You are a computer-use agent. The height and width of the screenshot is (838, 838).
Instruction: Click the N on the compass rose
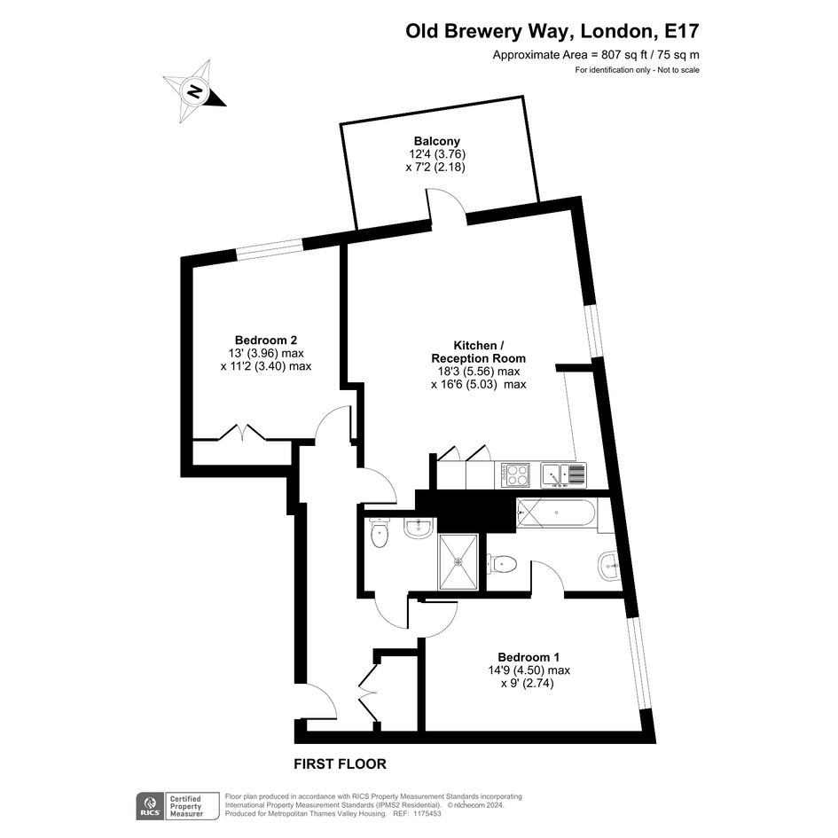tap(195, 92)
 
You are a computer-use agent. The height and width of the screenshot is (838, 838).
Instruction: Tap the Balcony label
tap(436, 141)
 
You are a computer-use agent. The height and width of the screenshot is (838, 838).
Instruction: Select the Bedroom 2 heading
tap(266, 340)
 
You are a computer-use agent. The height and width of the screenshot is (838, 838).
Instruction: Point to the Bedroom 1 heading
tap(529, 657)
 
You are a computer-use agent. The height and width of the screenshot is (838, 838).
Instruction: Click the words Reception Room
tap(478, 358)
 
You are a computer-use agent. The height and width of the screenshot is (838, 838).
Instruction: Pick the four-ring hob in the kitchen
tap(515, 474)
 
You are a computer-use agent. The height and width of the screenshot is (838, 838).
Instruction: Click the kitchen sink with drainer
tap(564, 474)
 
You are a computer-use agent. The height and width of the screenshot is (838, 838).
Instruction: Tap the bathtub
tap(556, 513)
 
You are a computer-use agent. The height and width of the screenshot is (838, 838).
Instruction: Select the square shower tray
tap(458, 561)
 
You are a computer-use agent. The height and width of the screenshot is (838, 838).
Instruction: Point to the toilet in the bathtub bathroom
tap(502, 564)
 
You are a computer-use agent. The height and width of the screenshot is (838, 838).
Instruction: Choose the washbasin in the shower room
tap(418, 529)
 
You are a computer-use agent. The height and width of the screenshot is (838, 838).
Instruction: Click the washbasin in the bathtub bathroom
tap(609, 566)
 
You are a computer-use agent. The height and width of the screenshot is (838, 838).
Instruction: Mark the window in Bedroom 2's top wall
tap(269, 249)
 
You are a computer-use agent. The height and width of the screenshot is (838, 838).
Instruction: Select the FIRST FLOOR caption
tap(340, 764)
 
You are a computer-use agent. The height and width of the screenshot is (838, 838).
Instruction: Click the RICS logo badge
tap(150, 806)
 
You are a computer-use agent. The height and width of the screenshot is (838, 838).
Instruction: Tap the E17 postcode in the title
tap(681, 31)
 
